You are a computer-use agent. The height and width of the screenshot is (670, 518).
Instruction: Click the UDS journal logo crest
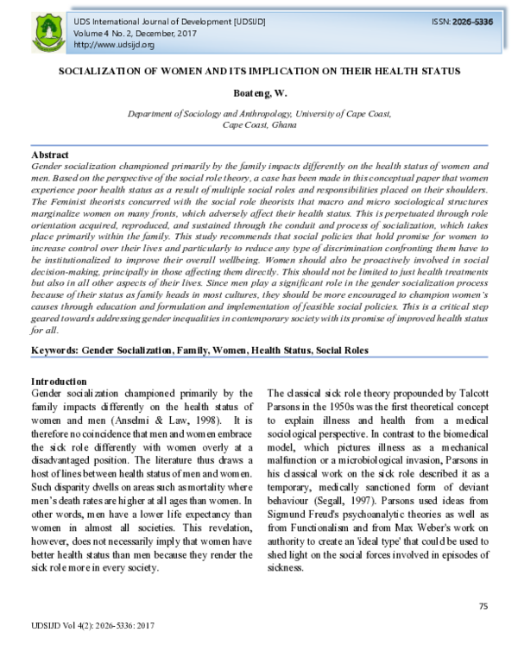[x=47, y=31]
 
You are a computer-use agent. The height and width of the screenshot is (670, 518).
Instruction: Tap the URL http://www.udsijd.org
[x=114, y=45]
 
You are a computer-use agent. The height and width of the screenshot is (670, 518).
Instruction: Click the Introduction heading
[x=58, y=382]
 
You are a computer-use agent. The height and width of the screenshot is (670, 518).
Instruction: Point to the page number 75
[x=483, y=607]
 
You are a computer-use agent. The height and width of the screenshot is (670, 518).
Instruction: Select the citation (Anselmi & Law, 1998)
[x=174, y=406]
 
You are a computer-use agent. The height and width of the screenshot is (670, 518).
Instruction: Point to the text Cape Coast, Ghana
[x=258, y=125]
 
